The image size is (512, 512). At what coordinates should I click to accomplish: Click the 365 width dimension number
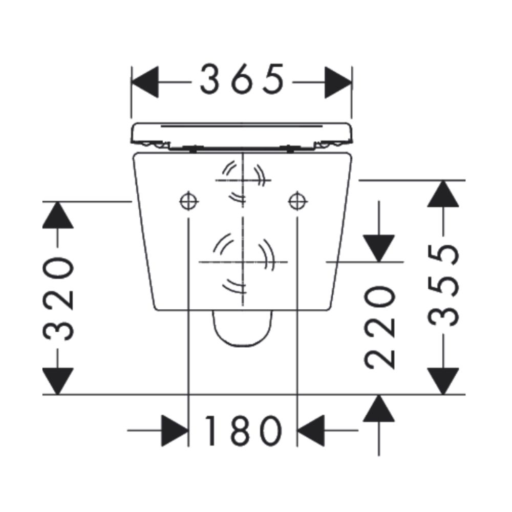[242, 79]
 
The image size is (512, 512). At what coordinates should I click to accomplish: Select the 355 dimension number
[443, 286]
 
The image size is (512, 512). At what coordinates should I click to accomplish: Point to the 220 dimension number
[379, 328]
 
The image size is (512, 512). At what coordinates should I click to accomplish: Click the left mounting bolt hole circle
[189, 201]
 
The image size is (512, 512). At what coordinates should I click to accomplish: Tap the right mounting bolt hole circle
[297, 201]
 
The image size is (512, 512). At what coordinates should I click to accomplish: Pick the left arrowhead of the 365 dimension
[145, 82]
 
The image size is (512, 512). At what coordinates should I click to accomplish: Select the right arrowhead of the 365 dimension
[338, 82]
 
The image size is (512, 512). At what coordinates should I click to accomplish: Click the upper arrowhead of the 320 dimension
[58, 215]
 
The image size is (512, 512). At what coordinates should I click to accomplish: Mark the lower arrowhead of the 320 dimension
[58, 381]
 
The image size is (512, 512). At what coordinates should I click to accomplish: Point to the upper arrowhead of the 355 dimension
[443, 194]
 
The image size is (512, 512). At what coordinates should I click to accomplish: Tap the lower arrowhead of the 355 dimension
[443, 381]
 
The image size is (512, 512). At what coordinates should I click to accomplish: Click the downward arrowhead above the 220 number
[379, 248]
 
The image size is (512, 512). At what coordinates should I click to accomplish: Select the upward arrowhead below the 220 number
[379, 408]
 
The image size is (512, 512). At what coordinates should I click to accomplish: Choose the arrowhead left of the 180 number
[175, 431]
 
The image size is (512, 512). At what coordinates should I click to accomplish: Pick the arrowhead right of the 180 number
[311, 431]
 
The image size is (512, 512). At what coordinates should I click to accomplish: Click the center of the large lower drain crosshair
[243, 262]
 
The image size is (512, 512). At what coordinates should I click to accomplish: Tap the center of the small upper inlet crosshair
[243, 180]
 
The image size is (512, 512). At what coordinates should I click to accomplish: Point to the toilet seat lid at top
[242, 137]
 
